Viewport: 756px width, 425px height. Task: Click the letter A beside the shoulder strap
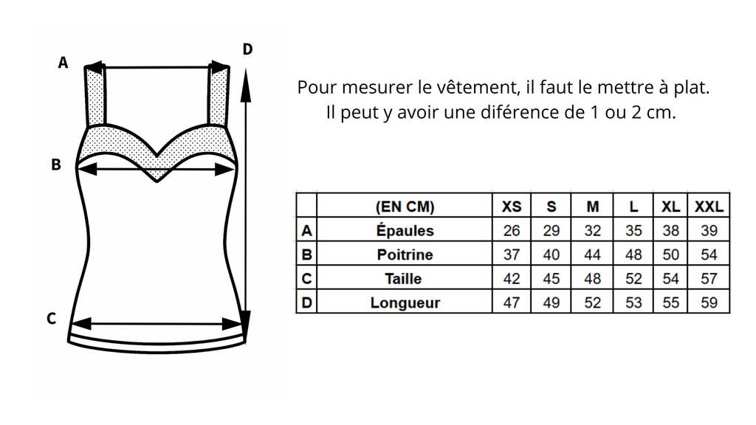[63, 63]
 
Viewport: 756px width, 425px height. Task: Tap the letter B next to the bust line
[56, 165]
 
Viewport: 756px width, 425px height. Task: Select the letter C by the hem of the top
[51, 319]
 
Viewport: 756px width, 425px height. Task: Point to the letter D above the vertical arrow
[247, 49]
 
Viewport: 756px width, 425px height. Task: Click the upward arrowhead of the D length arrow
[246, 85]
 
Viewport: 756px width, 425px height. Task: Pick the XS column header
[512, 207]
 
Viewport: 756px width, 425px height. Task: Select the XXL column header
[709, 207]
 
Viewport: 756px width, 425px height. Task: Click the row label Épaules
[405, 230]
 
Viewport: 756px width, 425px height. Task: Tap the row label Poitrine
[405, 255]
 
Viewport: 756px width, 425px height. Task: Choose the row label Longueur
[405, 303]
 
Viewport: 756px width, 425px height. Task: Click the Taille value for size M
[593, 278]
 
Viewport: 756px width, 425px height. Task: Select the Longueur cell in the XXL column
[709, 303]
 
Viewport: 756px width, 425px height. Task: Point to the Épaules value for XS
[512, 230]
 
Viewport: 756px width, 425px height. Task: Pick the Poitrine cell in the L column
[633, 255]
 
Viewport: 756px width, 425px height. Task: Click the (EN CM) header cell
[405, 207]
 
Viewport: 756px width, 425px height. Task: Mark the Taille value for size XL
[670, 278]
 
